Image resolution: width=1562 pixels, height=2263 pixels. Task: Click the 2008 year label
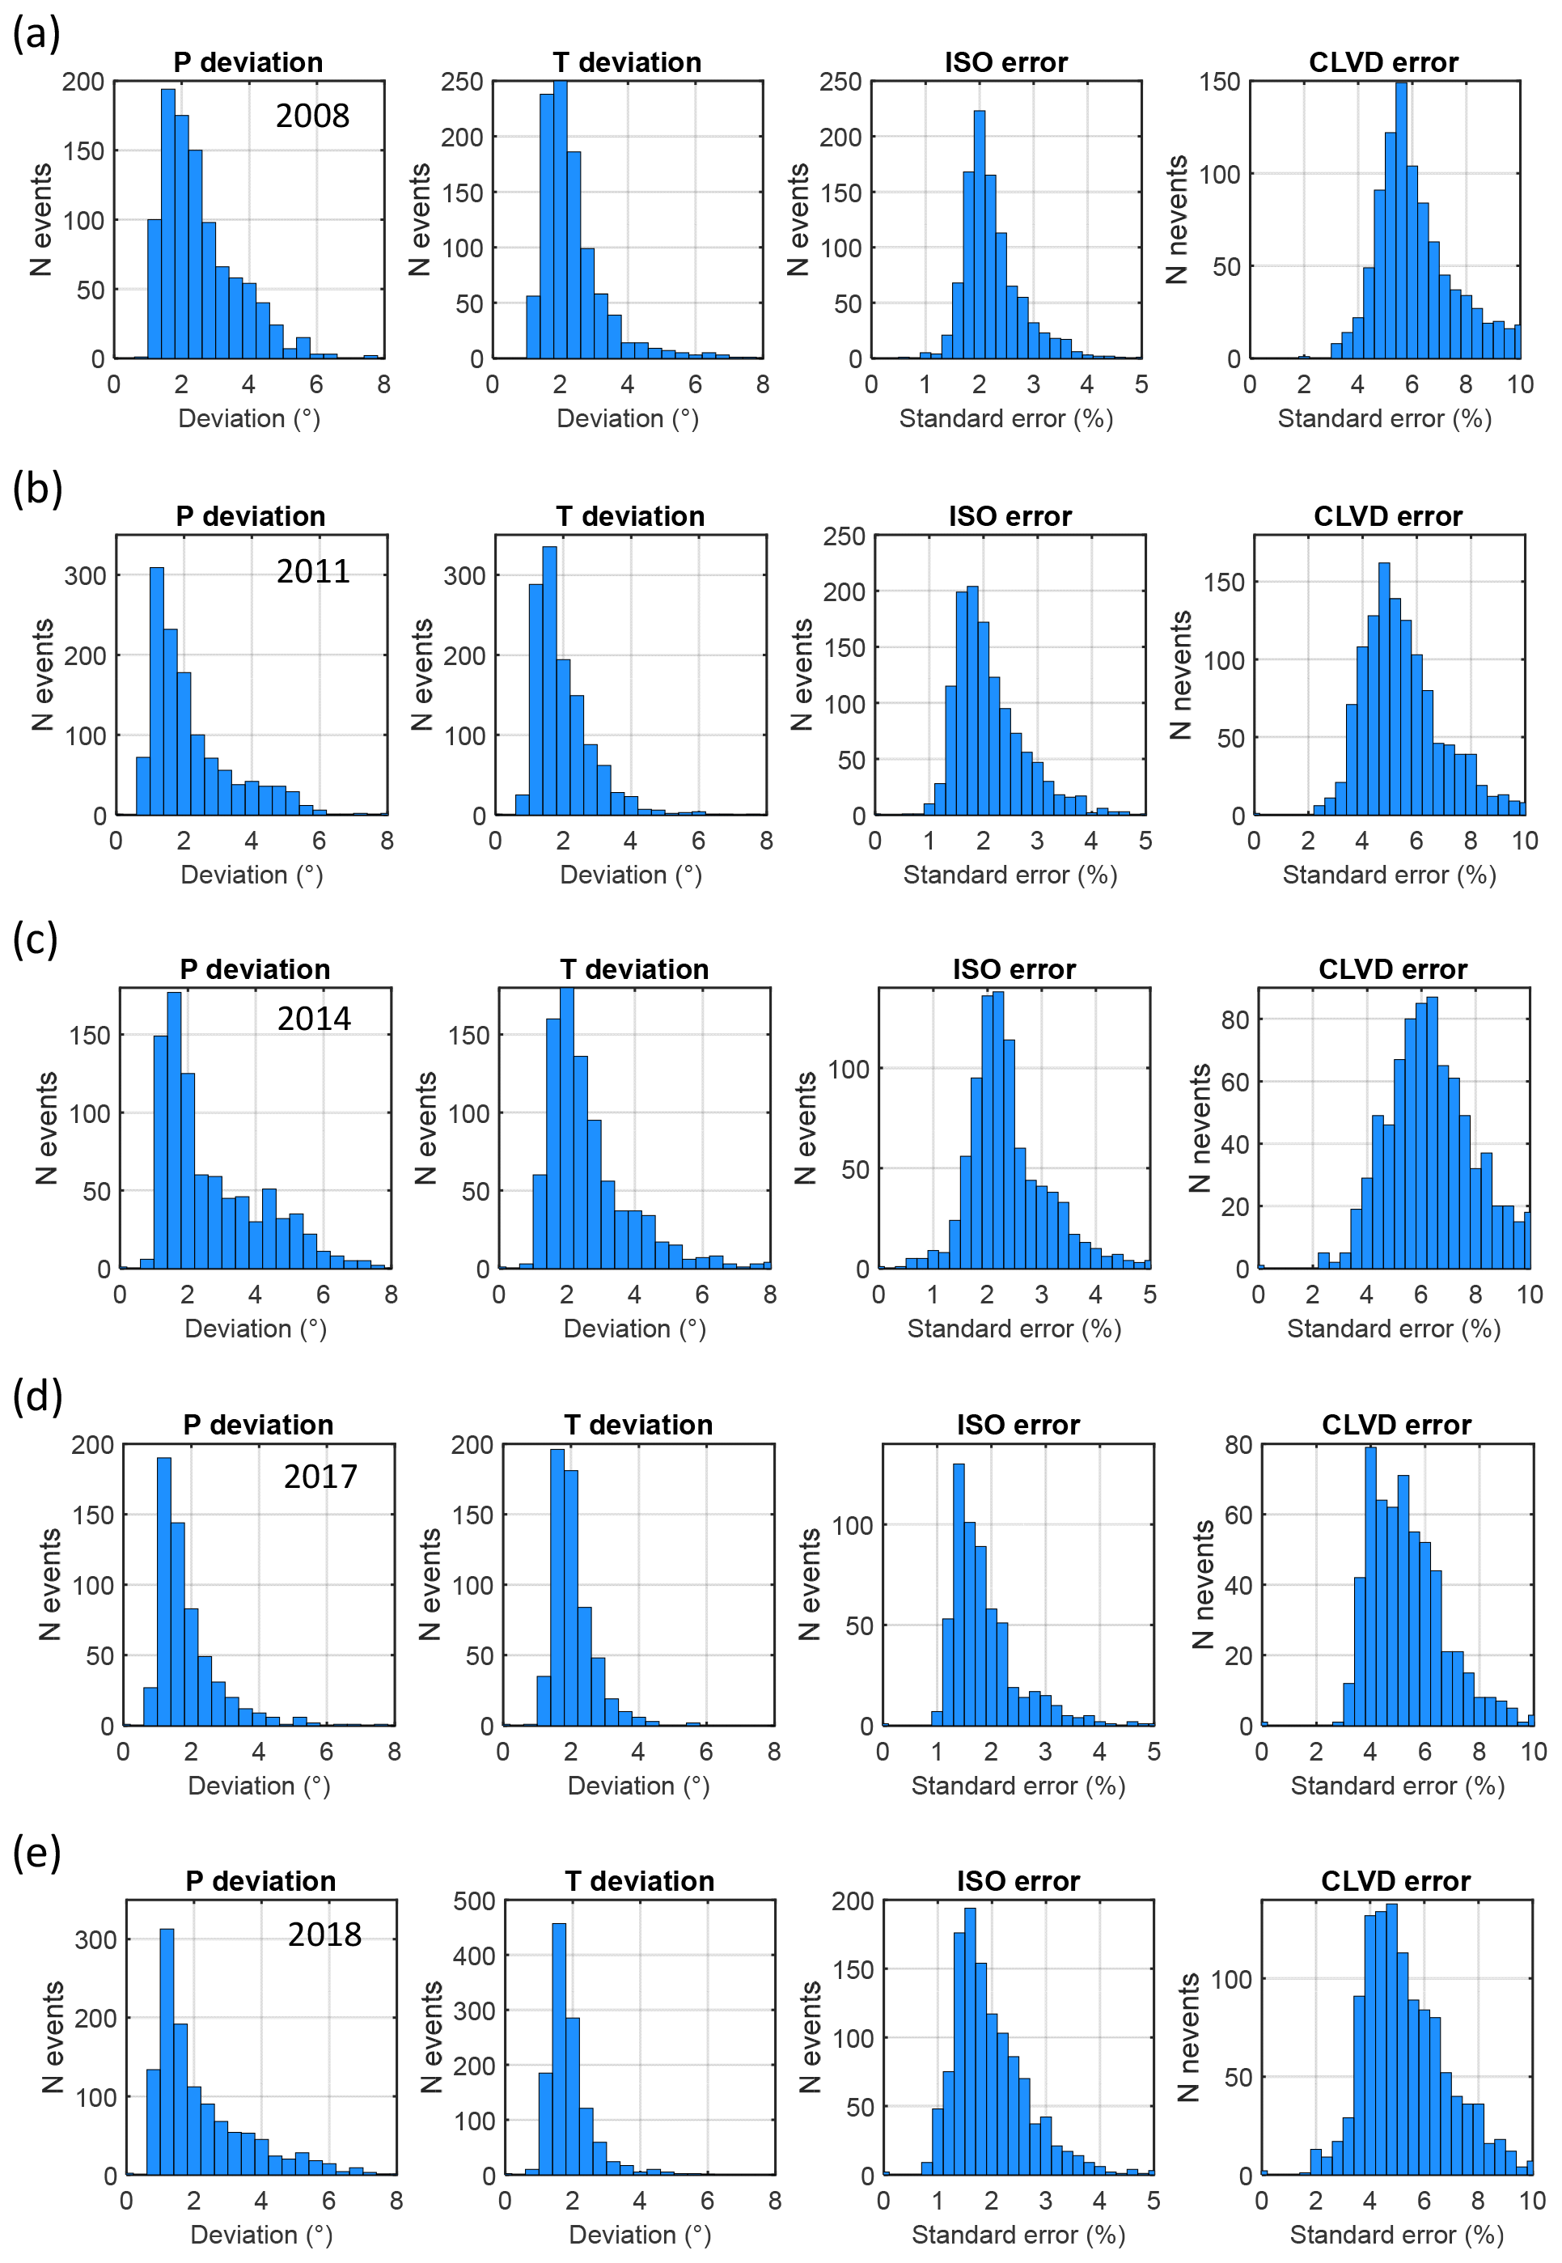pyautogui.click(x=312, y=117)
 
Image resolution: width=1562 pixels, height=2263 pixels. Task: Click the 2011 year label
pyautogui.click(x=313, y=572)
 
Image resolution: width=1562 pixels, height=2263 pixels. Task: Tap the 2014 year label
pyautogui.click(x=314, y=1019)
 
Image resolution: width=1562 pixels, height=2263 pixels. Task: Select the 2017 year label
pyautogui.click(x=321, y=1476)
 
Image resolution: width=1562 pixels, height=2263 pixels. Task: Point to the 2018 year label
pyautogui.click(x=325, y=1935)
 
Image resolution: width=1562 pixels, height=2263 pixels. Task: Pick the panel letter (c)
pyautogui.click(x=36, y=939)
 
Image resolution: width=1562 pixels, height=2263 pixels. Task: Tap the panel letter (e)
pyautogui.click(x=36, y=1852)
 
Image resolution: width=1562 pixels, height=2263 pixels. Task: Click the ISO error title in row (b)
pyautogui.click(x=1010, y=516)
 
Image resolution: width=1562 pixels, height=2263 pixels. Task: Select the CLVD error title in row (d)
pyautogui.click(x=1397, y=1424)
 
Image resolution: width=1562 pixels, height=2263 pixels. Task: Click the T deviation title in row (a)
pyautogui.click(x=628, y=62)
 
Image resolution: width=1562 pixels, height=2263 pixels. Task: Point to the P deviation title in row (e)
pyautogui.click(x=261, y=1880)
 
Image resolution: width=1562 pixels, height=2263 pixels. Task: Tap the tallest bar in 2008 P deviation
pyautogui.click(x=168, y=224)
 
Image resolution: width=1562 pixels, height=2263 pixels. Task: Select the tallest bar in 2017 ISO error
pyautogui.click(x=958, y=1595)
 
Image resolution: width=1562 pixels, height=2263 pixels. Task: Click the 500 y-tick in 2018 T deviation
pyautogui.click(x=475, y=1900)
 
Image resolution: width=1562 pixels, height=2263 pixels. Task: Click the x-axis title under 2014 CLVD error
pyautogui.click(x=1394, y=1329)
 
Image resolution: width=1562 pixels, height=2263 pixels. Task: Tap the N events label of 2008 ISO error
pyautogui.click(x=798, y=220)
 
